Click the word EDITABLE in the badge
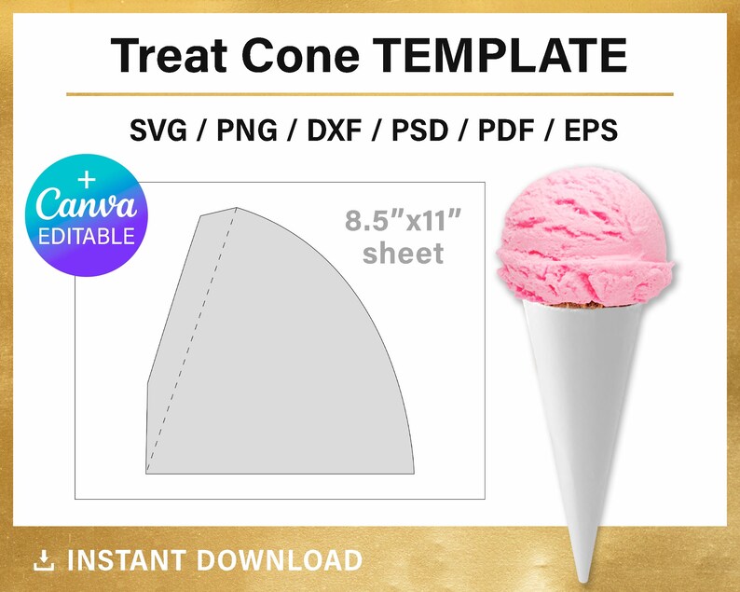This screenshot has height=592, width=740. pyautogui.click(x=87, y=237)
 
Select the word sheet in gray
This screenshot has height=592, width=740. pyautogui.click(x=404, y=253)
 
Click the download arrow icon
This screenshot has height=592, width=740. pyautogui.click(x=43, y=559)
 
